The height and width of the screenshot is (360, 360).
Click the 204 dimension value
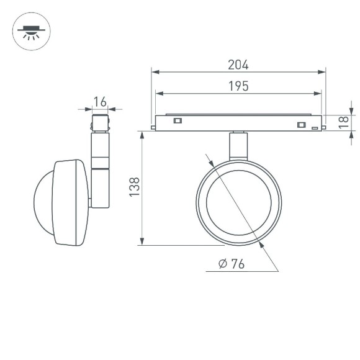coord(238,65)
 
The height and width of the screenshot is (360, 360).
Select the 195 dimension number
coord(238,86)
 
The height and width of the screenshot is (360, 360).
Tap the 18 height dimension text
coord(343,123)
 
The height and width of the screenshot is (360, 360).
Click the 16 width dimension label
coord(100,101)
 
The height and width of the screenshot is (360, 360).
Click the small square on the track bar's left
coord(178,120)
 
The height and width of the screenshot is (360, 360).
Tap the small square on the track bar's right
coord(302,125)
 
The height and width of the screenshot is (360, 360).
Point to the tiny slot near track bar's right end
coord(315,128)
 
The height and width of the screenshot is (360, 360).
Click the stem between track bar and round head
coord(238,145)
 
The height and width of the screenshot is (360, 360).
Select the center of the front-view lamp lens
coord(238,202)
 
